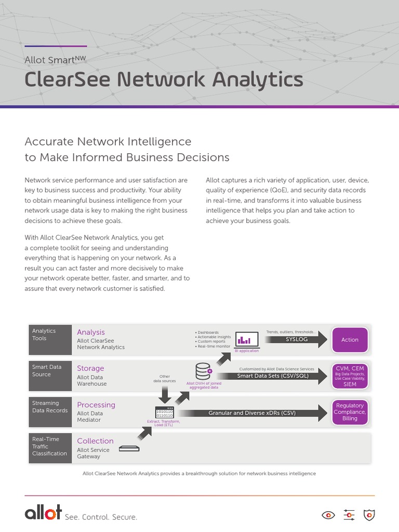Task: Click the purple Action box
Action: coord(350,340)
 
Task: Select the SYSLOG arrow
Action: coord(296,339)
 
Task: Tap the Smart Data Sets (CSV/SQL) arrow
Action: coord(273,376)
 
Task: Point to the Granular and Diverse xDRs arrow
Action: coord(252,413)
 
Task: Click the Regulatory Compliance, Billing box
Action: coord(350,411)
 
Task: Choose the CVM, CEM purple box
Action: coord(350,376)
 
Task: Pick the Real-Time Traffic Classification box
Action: coord(50,447)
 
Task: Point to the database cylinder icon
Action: coord(203,371)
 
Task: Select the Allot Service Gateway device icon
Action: coord(129,448)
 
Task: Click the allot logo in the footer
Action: coord(43,513)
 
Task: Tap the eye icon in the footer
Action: coord(328,515)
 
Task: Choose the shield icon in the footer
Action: coord(369,515)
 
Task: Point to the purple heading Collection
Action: coord(95,441)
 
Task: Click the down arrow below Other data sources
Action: coord(165,394)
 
